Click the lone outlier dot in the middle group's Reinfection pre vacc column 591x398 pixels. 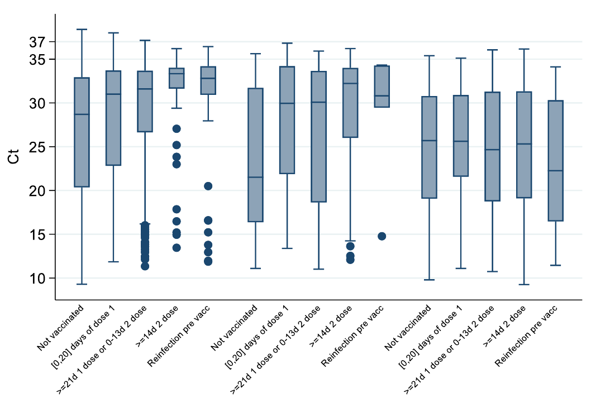(x=382, y=236)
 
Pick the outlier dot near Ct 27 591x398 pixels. (x=177, y=129)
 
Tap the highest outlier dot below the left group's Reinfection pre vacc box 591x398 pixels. (x=208, y=186)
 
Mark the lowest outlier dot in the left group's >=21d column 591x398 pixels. (x=145, y=266)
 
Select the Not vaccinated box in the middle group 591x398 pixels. (x=255, y=155)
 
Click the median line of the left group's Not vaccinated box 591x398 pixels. (x=82, y=114)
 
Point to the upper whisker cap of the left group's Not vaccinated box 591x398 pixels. (x=82, y=29)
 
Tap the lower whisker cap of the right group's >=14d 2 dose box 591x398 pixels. (x=524, y=285)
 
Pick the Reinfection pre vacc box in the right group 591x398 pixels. (x=555, y=161)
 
